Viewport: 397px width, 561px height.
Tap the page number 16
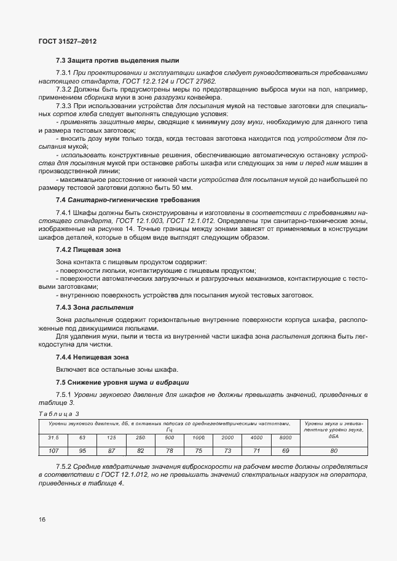pyautogui.click(x=41, y=520)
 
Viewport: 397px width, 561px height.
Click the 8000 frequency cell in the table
pyautogui.click(x=285, y=437)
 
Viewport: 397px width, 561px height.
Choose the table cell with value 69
pyautogui.click(x=285, y=450)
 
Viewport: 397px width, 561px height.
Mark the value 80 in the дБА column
pyautogui.click(x=334, y=450)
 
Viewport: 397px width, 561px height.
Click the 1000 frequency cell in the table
pyautogui.click(x=198, y=437)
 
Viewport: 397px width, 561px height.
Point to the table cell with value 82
pyautogui.click(x=140, y=450)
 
